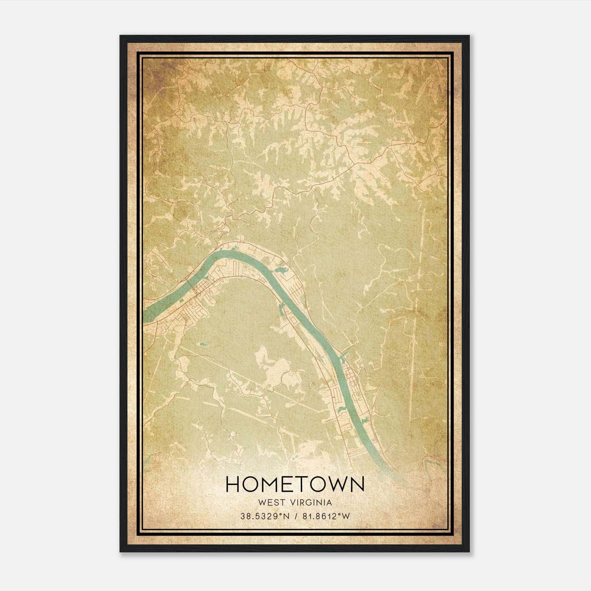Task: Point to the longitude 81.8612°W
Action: [x=326, y=516]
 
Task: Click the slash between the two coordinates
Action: [x=296, y=516]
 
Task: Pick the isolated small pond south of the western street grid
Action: [x=203, y=345]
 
